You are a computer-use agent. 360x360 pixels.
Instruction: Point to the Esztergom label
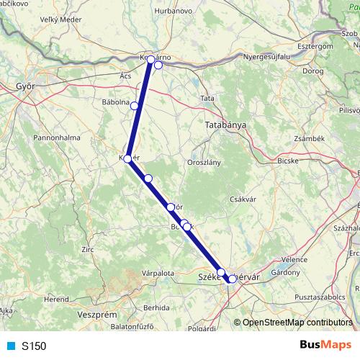click(313, 45)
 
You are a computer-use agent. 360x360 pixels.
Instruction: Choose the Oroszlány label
click(204, 163)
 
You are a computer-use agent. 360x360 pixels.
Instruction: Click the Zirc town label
click(88, 249)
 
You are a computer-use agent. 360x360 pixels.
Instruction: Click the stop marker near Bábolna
click(135, 106)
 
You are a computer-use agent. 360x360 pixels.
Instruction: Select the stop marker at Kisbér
click(127, 159)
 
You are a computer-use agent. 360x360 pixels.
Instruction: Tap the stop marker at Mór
click(171, 207)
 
